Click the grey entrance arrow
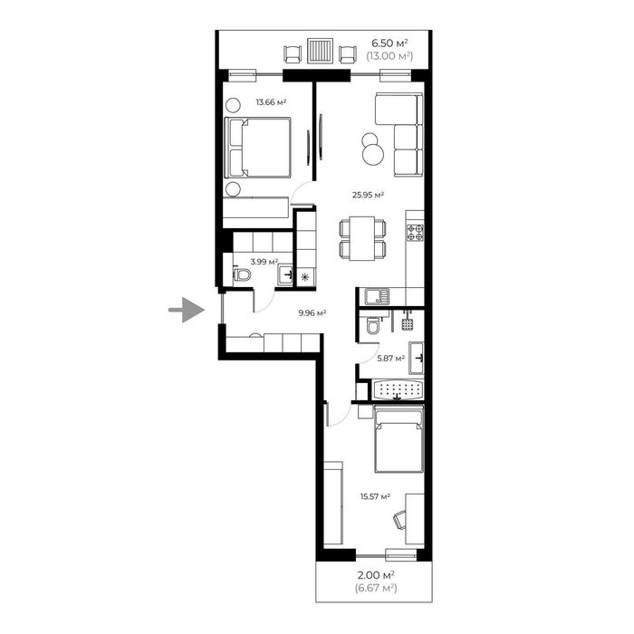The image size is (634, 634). [187, 310]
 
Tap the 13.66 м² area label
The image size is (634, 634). [271, 102]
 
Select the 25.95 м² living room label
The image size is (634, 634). [368, 195]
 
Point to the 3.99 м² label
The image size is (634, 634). [264, 262]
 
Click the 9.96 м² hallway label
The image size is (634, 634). [312, 312]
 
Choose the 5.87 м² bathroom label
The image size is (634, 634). [391, 359]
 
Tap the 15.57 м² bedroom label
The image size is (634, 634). [375, 496]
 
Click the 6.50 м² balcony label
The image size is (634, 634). [389, 43]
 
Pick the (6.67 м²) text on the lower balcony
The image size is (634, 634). [376, 588]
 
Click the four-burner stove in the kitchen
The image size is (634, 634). [415, 233]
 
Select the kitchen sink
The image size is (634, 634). [377, 296]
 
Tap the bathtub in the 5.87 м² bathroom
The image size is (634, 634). [399, 390]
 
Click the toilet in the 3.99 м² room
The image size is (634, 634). [242, 275]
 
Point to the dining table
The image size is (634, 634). [362, 238]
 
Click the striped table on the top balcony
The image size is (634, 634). [321, 51]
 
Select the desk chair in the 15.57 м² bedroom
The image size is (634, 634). [399, 520]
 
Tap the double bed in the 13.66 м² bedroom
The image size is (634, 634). [257, 148]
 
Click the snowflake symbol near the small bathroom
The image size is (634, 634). [305, 277]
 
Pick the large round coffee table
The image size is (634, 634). [373, 155]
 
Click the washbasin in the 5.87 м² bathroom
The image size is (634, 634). [417, 359]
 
